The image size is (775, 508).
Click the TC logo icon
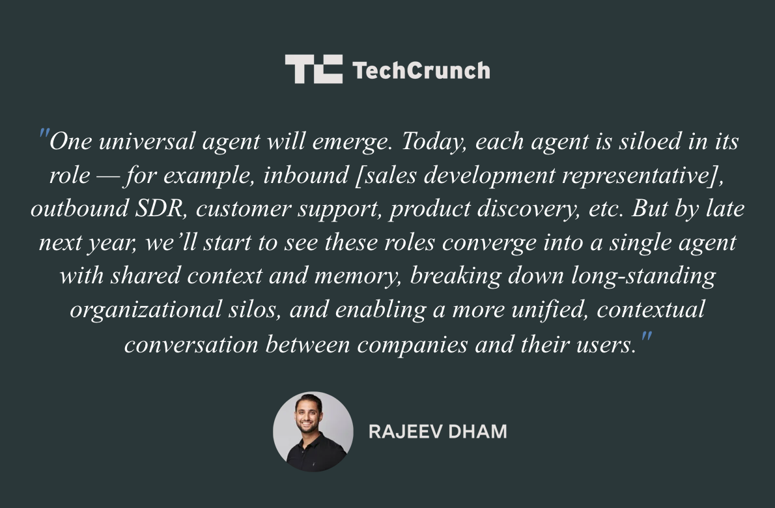[x=314, y=69]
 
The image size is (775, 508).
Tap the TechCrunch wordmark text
[x=421, y=70]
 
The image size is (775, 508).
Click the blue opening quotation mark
[x=44, y=137]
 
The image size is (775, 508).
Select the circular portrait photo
[x=313, y=431]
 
